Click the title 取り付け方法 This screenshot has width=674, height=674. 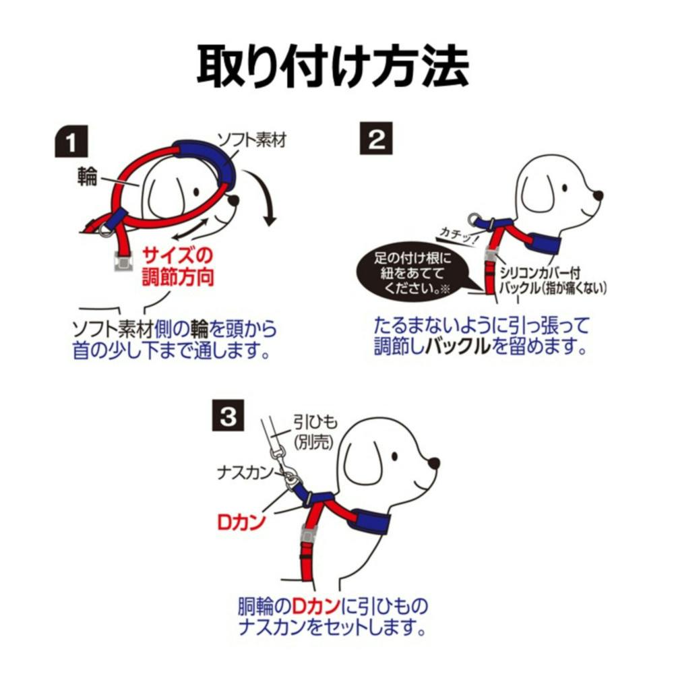[333, 67]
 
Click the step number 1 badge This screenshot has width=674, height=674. [71, 142]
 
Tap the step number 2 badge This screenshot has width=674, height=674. [375, 138]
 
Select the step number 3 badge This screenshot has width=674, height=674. [228, 415]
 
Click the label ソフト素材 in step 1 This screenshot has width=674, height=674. [251, 140]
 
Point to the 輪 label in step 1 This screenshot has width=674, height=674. [87, 177]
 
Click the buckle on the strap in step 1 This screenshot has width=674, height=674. [124, 261]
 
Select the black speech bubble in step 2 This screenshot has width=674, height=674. [412, 271]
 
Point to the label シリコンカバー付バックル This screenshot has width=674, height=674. [553, 280]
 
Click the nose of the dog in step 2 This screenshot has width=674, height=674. [597, 196]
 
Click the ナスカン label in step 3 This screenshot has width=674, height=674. [245, 473]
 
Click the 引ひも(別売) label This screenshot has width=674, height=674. [314, 432]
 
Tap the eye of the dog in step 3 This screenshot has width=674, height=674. [394, 456]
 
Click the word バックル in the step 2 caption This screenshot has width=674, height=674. [458, 346]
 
